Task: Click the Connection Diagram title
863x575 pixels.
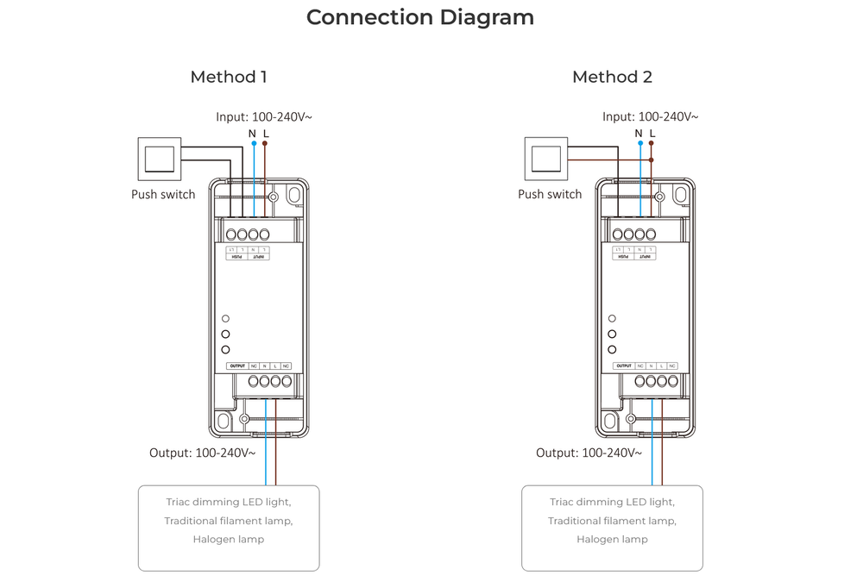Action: coord(420,17)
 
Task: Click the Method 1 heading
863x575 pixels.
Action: coord(228,77)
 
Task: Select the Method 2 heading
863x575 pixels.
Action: coord(612,77)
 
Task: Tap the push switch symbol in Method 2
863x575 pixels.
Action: coord(545,159)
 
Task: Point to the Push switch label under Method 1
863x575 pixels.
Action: coord(163,194)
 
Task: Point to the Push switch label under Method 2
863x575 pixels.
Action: coord(550,194)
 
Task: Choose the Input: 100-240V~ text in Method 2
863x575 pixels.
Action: coord(650,116)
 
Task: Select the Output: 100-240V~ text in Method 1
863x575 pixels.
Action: coord(200,452)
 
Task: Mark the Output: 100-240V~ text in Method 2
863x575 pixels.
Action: coord(587,452)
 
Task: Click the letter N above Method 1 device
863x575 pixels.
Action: coord(252,133)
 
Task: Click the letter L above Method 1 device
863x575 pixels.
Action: coord(265,133)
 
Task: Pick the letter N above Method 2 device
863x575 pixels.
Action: coord(639,133)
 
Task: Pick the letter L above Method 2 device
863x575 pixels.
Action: coord(652,133)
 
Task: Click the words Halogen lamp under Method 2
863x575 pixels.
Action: coord(612,540)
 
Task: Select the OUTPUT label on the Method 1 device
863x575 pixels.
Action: coord(239,366)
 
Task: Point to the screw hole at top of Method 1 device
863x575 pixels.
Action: coord(273,197)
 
